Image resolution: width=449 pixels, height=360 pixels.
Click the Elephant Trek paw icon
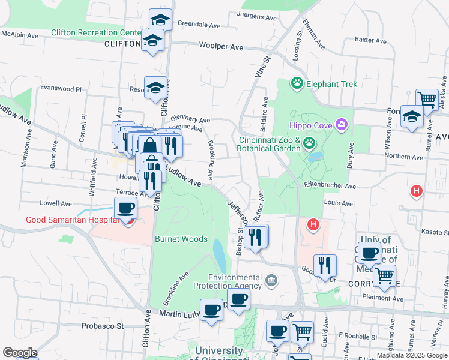(x=297, y=83)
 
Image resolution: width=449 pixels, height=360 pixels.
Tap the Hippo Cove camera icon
(x=342, y=125)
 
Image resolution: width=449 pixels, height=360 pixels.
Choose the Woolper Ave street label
(x=221, y=46)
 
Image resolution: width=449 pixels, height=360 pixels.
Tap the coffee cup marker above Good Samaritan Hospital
(x=125, y=208)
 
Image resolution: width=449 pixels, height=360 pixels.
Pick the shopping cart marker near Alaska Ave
(x=427, y=99)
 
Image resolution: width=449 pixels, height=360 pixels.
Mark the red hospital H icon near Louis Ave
(x=415, y=191)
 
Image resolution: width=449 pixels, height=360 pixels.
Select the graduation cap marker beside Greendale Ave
(x=160, y=19)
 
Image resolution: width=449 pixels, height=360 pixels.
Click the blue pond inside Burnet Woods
(x=219, y=255)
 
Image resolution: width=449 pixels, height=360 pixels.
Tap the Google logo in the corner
(x=19, y=353)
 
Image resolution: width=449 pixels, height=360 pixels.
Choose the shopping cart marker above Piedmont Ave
(x=384, y=275)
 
